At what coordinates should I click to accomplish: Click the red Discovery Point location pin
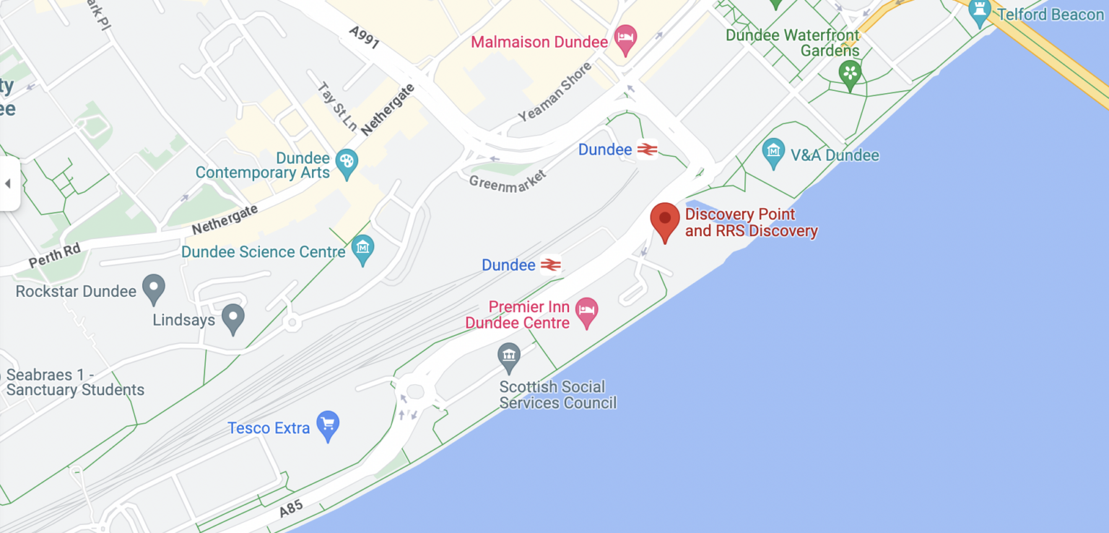click(665, 220)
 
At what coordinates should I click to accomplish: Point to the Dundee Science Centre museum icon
click(362, 250)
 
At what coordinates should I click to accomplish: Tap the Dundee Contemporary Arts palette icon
click(347, 164)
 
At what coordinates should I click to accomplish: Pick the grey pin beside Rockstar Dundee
click(153, 289)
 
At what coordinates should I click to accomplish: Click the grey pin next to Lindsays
click(232, 318)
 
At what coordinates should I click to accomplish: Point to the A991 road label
click(363, 38)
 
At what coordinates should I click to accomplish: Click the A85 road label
click(291, 508)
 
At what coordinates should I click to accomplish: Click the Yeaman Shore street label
click(555, 92)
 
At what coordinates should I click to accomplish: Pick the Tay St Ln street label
click(337, 106)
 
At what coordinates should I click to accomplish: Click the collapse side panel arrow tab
click(9, 183)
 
